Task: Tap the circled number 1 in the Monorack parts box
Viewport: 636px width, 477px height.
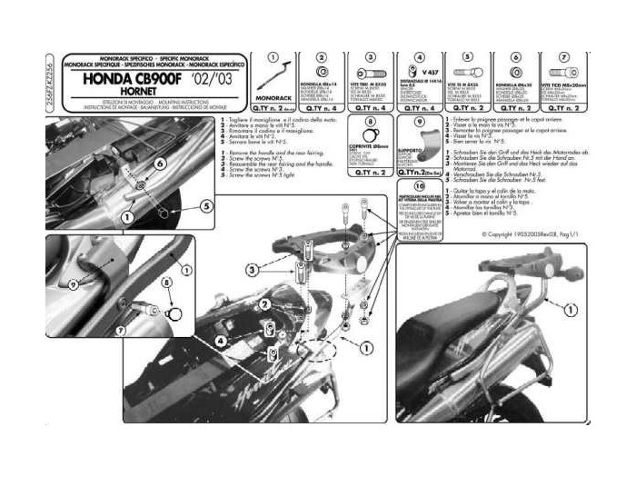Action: click(270, 57)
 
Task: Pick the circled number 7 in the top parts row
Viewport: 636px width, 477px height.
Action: click(569, 57)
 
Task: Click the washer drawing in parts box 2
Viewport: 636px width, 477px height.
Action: click(321, 72)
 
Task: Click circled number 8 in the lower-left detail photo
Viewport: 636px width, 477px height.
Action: click(167, 284)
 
